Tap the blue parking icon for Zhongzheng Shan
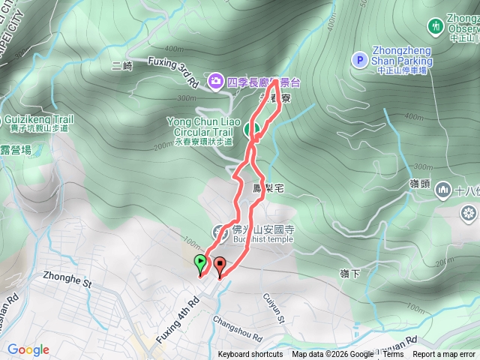tap(359, 59)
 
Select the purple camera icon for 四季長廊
tap(215, 79)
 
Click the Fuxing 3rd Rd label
tap(173, 70)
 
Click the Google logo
tap(28, 349)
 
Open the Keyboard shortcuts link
tap(250, 355)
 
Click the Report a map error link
tap(445, 355)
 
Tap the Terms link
tap(393, 355)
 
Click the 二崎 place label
tap(121, 66)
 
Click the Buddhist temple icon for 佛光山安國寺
tap(220, 230)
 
